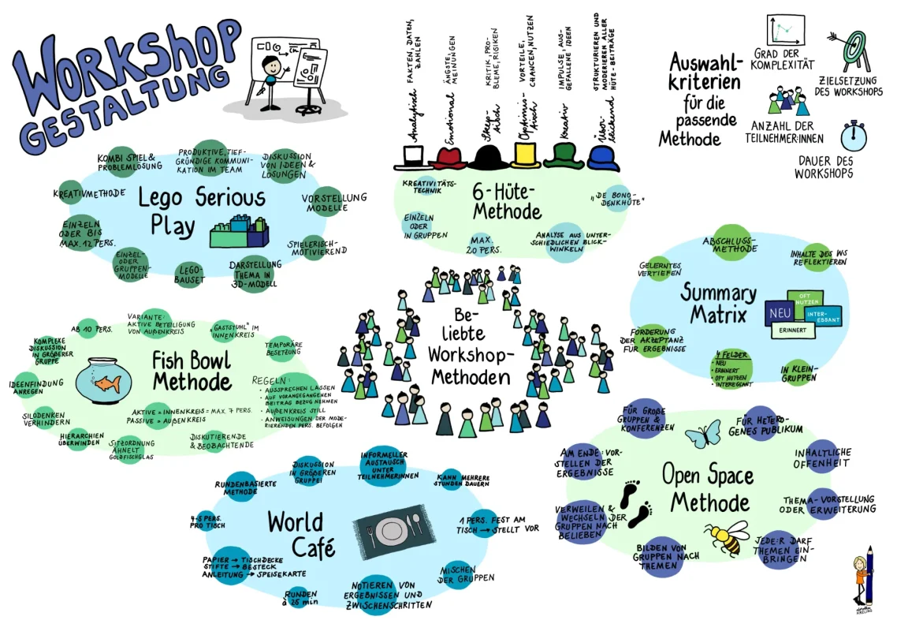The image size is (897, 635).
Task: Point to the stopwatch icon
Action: point(854,135)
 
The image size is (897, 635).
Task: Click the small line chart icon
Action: point(787,31)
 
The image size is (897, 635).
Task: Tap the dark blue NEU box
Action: point(779,314)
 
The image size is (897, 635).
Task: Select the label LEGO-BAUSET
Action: point(188,274)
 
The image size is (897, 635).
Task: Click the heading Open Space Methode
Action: point(707,488)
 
